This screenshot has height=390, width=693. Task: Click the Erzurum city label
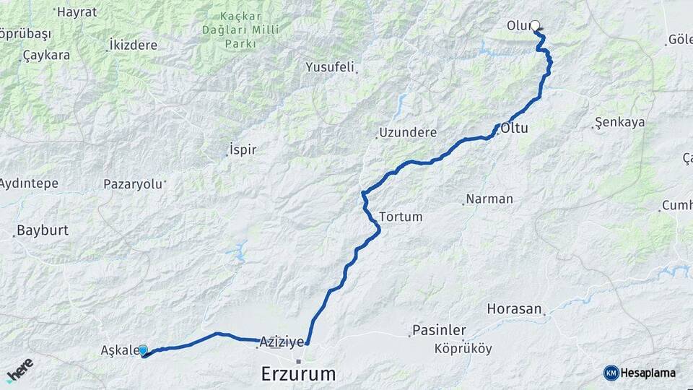298,374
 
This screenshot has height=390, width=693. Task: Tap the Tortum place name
401,217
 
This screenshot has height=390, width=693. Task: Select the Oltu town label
514,129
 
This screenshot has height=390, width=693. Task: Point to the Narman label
489,199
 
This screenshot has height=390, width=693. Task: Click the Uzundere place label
409,133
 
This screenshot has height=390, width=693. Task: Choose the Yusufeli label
330,67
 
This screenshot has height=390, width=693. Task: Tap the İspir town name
242,150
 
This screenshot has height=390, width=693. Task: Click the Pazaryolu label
133,183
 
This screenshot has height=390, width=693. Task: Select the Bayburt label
42,231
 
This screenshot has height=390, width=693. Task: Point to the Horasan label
514,309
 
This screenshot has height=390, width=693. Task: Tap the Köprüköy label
463,349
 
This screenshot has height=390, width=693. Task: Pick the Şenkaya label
619,122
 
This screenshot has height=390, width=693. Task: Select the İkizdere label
132,45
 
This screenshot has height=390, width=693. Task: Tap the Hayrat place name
76,12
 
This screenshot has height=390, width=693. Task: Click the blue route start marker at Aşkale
143,350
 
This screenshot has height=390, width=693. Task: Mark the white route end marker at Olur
536,25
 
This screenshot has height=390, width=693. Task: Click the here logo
19,369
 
